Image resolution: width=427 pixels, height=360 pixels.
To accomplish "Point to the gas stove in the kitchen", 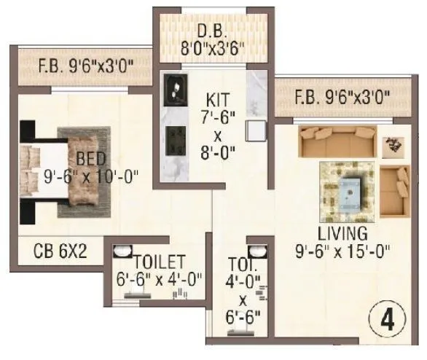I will click(174, 136).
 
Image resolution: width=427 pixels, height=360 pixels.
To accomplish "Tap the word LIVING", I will click(341, 234).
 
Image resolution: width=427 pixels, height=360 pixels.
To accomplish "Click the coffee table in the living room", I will click(350, 191).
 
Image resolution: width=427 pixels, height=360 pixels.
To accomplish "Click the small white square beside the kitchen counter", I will click(256, 130).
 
